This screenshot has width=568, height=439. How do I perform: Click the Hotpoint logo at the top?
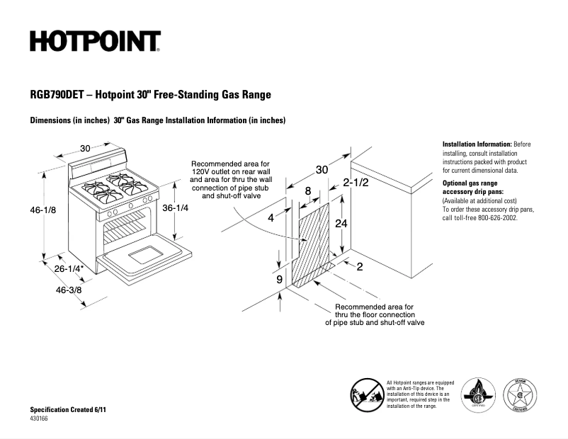coord(95,41)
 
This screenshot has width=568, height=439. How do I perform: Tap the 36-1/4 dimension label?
coord(175,208)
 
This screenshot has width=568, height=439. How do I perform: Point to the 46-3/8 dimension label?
coord(68,290)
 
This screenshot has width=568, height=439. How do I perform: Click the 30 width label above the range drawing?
coord(85,149)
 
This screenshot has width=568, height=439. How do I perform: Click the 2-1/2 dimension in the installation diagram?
coord(356,182)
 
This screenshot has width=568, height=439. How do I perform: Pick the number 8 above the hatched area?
coord(308,190)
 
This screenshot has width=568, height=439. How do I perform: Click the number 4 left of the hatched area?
coord(270,218)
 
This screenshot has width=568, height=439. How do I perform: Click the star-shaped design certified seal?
coord(520,393)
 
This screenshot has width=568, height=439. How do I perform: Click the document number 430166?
coord(40,419)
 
